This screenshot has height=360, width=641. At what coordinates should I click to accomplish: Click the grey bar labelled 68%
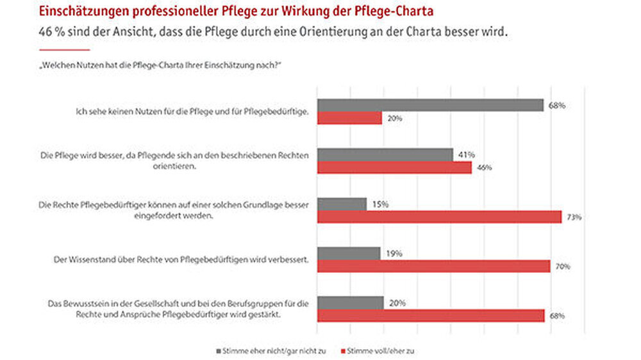coord(431,105)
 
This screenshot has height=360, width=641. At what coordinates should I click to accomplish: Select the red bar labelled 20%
coord(350,118)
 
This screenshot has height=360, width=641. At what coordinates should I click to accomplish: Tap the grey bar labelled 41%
coord(385,154)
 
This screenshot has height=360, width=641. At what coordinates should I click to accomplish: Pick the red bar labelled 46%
coord(395,167)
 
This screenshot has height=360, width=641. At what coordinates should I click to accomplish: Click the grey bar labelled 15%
coord(342,204)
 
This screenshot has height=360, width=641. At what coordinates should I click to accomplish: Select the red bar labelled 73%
coord(440,217)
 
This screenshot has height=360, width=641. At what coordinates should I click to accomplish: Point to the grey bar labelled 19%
coord(349,253)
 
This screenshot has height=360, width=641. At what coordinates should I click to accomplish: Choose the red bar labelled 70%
coord(434,266)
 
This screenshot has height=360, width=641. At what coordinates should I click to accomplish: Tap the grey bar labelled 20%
coord(351,302)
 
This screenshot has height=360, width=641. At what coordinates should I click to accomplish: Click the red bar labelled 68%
coord(431,315)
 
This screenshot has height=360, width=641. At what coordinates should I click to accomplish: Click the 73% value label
coord(573,217)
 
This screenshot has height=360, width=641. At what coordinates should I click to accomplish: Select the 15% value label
coord(379,204)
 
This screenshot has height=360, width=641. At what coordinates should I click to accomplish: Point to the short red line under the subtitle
coord(65,49)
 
